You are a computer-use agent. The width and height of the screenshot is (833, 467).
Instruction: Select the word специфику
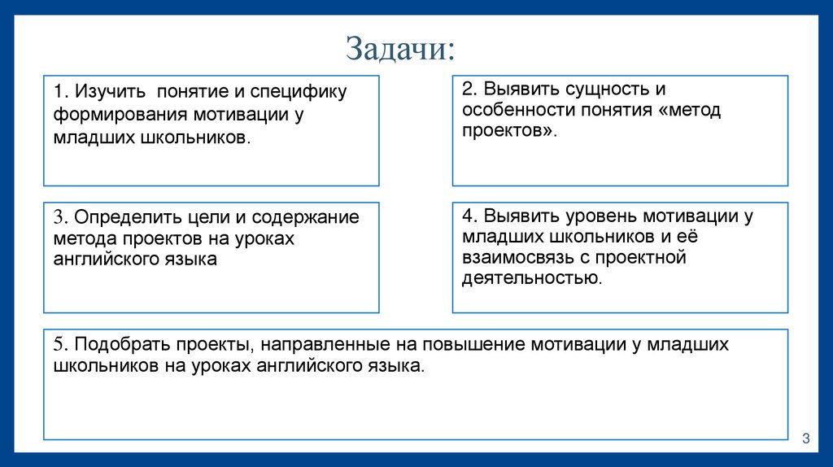pyautogui.click(x=307, y=92)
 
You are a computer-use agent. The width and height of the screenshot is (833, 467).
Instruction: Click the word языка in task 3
pyautogui.click(x=190, y=260)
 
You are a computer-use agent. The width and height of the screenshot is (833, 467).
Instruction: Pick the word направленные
pyautogui.click(x=317, y=344)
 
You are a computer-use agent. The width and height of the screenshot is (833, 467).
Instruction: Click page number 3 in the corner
pyautogui.click(x=805, y=439)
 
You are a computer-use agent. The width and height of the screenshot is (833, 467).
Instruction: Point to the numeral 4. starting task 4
pyautogui.click(x=470, y=216)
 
